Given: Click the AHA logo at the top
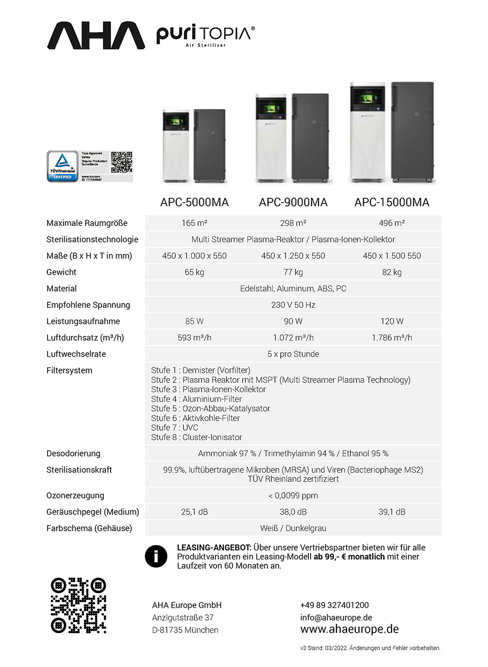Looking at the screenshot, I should (96, 35).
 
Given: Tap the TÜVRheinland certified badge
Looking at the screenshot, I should (62, 166).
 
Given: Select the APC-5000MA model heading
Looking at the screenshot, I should (194, 202).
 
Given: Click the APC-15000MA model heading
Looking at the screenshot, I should (392, 202).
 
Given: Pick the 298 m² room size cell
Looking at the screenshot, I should (293, 223).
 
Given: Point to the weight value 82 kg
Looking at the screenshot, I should (392, 272).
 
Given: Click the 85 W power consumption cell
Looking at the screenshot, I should (194, 321).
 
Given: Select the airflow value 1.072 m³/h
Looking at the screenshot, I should (293, 338).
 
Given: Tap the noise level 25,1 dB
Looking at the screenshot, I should (194, 512).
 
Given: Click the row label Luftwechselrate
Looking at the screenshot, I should (76, 354).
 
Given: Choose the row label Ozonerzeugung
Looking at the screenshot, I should (75, 495).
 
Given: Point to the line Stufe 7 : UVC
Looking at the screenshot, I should (174, 427).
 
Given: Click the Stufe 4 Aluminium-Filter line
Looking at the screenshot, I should (196, 399).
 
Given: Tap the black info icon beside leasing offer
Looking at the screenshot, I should (156, 556).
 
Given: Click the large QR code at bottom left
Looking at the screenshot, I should (79, 605).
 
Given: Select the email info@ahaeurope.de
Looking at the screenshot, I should (336, 617).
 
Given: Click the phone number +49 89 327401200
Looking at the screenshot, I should (335, 605).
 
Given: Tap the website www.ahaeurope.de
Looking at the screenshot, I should (349, 629).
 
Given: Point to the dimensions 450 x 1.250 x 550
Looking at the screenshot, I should (293, 256).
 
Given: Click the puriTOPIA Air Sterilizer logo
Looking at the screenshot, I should (205, 36).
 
